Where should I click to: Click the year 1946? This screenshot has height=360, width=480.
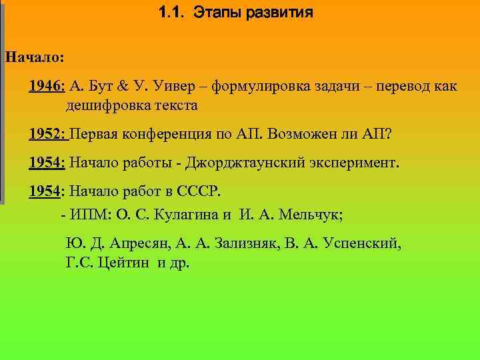(46, 87)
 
